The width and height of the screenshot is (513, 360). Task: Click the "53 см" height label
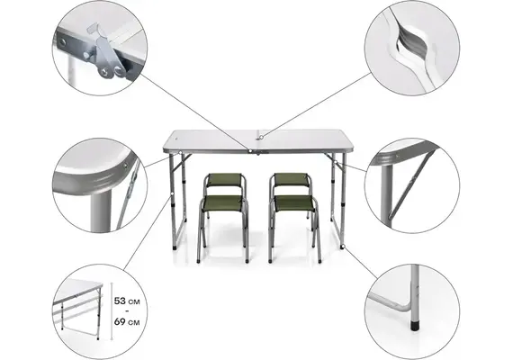coord(127,301)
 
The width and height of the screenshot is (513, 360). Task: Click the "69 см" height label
coord(127,322)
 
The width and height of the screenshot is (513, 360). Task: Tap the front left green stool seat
coord(222,203)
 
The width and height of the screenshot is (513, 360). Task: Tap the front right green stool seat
coord(294,203)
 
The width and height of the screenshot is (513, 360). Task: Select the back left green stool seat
coord(224,180)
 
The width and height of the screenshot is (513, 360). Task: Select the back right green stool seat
coord(292,179)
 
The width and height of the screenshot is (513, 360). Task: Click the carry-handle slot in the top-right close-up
coord(412,42)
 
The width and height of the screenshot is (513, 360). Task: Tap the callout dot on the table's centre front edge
coord(250,151)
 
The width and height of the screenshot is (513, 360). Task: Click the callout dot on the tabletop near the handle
coord(262,138)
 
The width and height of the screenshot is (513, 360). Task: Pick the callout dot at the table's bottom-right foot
coord(343,246)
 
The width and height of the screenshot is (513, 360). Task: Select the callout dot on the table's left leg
coord(171,194)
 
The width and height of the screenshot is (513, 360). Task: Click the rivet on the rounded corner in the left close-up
coord(125,166)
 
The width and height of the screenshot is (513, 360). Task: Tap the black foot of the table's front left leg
coord(175,248)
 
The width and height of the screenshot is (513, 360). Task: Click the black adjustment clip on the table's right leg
coord(342,203)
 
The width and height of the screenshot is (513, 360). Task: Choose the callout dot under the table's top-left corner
coord(180,153)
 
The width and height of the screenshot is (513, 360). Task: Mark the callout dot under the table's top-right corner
coord(336,162)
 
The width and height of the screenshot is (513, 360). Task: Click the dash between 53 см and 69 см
coord(127,311)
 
